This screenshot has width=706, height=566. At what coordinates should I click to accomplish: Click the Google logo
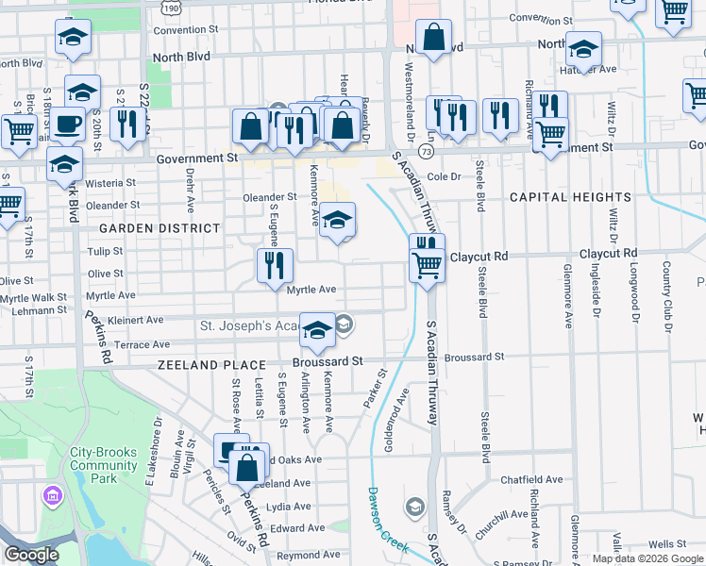[x=31, y=555]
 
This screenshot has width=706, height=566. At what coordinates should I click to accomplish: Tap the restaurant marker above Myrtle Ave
[x=275, y=264]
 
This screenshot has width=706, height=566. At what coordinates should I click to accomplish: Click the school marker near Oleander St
[x=337, y=221]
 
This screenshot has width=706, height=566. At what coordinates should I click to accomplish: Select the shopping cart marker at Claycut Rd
[x=428, y=265]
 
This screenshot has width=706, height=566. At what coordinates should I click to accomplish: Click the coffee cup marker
[x=66, y=124]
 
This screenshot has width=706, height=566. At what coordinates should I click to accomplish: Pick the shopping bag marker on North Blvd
[x=432, y=39]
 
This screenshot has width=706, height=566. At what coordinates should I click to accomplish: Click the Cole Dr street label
[x=443, y=176]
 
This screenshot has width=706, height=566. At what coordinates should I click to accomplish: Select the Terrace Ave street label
[x=142, y=345]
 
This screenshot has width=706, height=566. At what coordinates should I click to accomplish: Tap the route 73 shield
[x=428, y=151]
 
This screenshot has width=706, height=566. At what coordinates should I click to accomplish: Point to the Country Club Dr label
[x=666, y=290]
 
